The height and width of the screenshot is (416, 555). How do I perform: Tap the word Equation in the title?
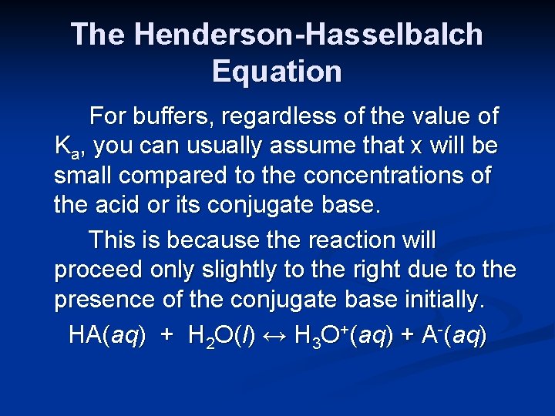[277, 72]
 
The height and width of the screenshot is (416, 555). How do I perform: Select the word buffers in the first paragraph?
[173, 116]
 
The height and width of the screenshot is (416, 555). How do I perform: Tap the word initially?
[441, 300]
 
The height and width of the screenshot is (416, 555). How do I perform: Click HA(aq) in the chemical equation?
[106, 335]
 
